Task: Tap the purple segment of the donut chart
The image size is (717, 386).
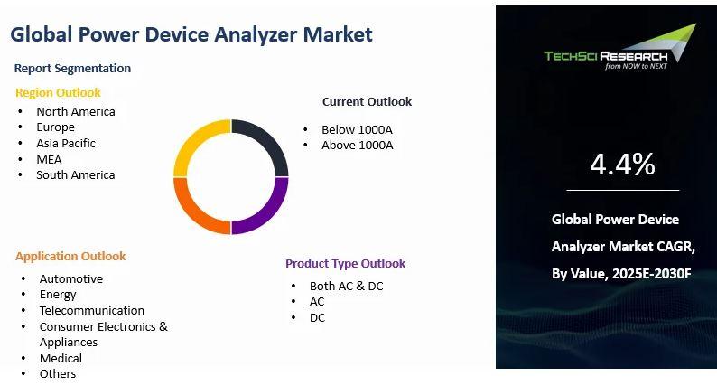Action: tap(271, 212)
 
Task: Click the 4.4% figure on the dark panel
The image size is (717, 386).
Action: tap(622, 164)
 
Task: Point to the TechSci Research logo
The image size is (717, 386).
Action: tap(620, 47)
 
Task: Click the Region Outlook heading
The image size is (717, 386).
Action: tap(58, 92)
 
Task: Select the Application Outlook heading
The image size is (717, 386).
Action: tap(70, 256)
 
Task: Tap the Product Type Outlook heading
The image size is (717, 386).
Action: tap(345, 263)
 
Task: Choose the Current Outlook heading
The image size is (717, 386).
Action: tap(367, 101)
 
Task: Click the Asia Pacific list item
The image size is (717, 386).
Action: tap(66, 144)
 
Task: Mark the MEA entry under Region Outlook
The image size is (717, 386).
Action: tap(49, 159)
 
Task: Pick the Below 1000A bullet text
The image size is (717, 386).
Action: tap(357, 129)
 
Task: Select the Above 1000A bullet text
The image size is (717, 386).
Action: tap(357, 146)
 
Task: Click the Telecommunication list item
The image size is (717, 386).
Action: tap(92, 310)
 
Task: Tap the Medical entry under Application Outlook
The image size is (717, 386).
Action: tap(61, 358)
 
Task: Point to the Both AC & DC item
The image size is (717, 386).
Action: tap(346, 287)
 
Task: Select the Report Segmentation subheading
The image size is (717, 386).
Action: tap(72, 68)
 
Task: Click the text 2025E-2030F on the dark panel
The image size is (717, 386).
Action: tap(652, 273)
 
